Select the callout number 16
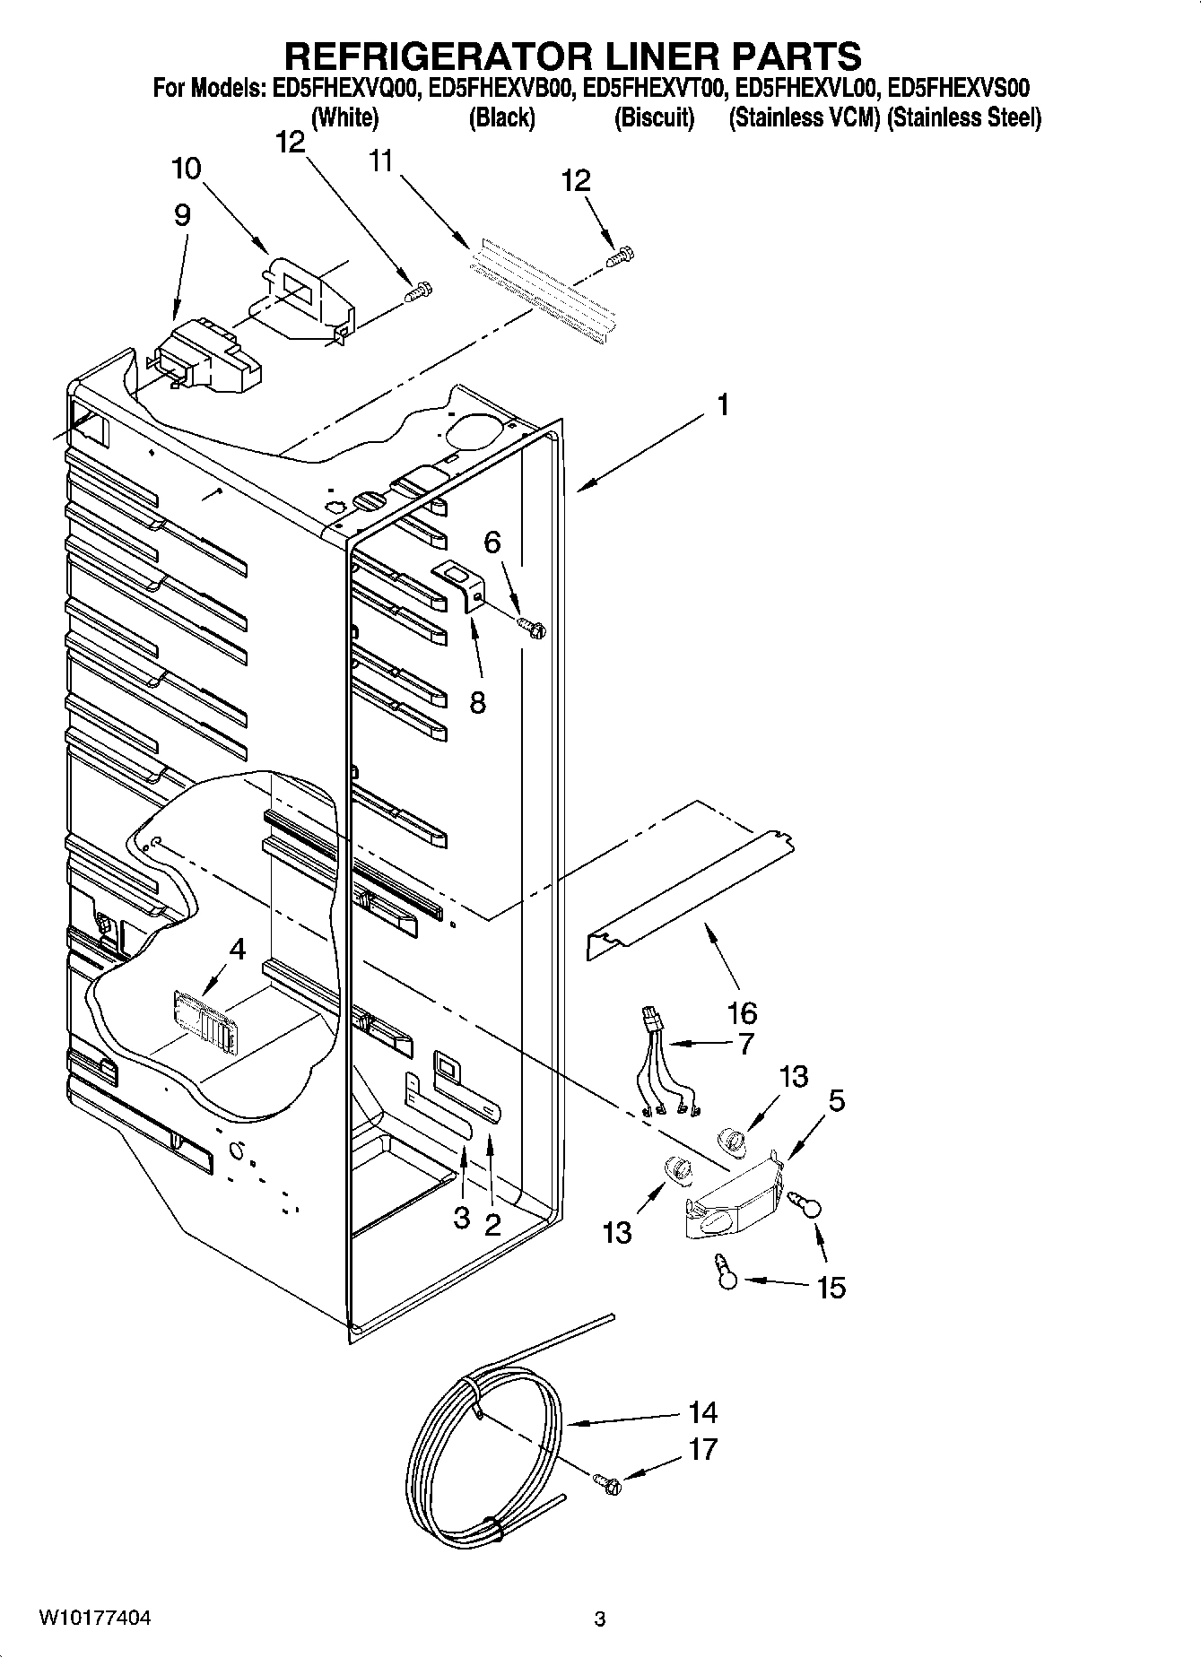[742, 1013]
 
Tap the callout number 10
[186, 169]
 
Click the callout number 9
[182, 215]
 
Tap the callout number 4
[237, 949]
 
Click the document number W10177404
[94, 1619]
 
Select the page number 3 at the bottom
[600, 1619]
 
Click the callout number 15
[831, 1288]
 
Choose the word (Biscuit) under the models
[654, 117]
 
